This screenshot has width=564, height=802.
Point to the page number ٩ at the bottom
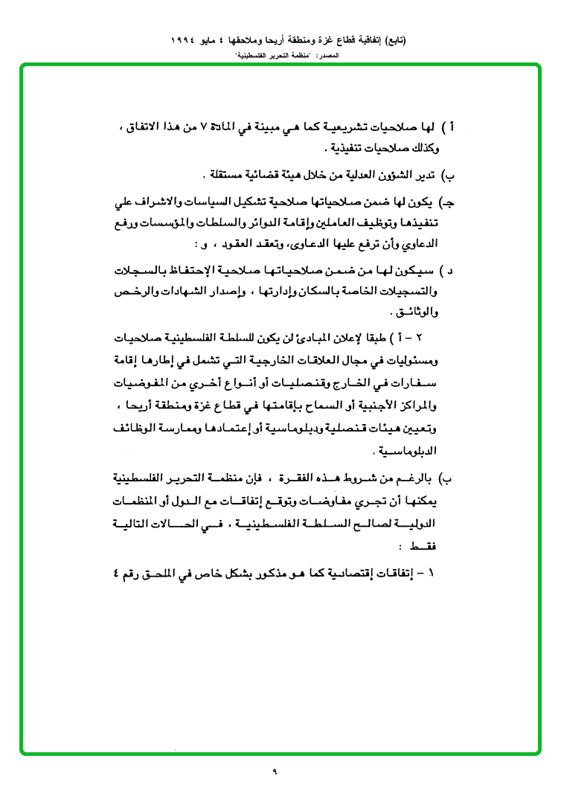275,771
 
